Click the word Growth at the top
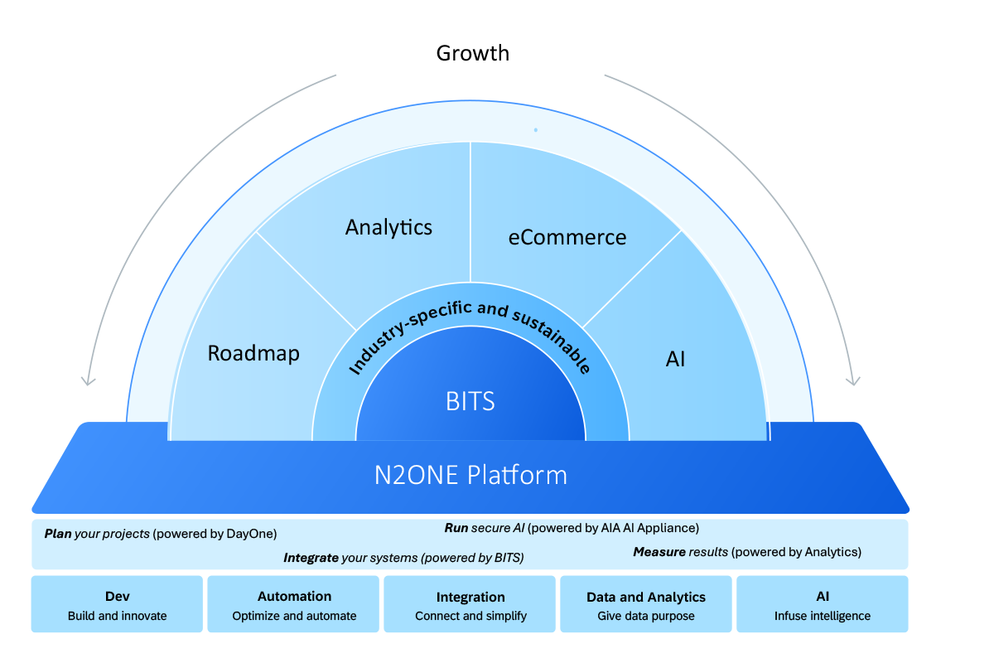[473, 54]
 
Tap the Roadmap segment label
[253, 353]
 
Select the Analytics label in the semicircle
[388, 227]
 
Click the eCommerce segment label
[567, 237]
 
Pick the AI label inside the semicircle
[675, 360]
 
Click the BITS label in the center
[470, 402]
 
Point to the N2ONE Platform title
[470, 476]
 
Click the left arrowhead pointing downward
[86, 380]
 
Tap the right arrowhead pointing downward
[853, 380]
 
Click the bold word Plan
[57, 535]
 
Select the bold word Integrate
[311, 558]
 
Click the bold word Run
[456, 528]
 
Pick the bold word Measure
[659, 552]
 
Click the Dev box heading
[117, 597]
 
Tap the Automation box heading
[294, 597]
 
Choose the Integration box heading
[470, 597]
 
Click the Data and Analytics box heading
[646, 597]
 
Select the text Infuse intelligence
[822, 616]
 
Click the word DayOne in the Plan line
[251, 535]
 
